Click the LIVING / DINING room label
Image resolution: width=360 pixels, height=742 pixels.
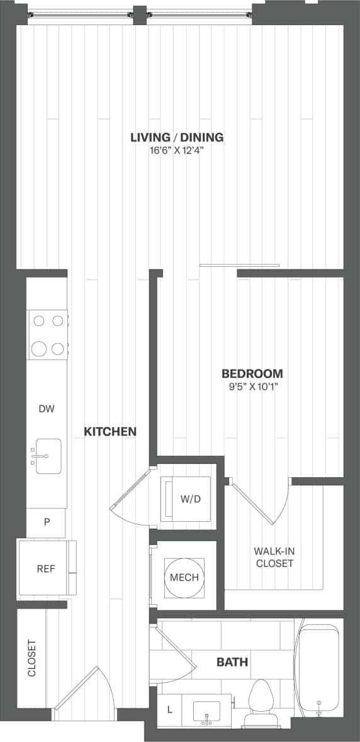click(177, 137)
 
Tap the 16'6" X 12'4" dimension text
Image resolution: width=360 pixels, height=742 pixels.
click(177, 151)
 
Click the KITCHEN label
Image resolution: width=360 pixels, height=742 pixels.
click(110, 432)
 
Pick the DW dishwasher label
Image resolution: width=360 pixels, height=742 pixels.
click(47, 409)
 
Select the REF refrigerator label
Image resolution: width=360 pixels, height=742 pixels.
click(46, 569)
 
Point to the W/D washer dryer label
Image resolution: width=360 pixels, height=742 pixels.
click(190, 500)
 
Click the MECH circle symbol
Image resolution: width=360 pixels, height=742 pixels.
click(184, 577)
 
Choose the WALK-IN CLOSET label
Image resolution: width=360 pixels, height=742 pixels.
click(274, 557)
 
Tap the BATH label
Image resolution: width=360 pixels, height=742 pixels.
click(232, 662)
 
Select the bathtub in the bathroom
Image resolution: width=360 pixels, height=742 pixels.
click(319, 667)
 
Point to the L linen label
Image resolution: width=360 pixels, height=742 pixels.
click(169, 709)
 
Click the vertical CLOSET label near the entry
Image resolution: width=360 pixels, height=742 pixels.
click(31, 658)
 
